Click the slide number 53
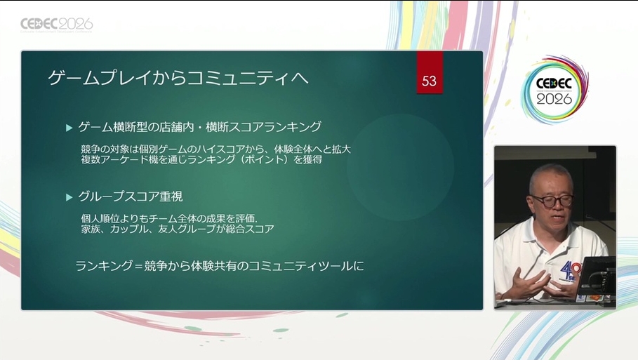point(430,81)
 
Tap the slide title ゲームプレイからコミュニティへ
point(178,78)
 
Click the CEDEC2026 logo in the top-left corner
point(57,25)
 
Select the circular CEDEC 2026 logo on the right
point(554,91)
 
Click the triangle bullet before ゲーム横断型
point(69,128)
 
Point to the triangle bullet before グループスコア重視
point(69,198)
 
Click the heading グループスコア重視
point(131,197)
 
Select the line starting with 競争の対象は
point(215,149)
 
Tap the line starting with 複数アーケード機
point(201,159)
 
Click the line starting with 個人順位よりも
point(169,219)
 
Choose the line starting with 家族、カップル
point(178,229)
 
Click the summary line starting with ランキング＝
point(220,266)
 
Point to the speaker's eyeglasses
point(552,201)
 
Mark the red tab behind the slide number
point(430,72)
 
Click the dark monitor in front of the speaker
point(597,276)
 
